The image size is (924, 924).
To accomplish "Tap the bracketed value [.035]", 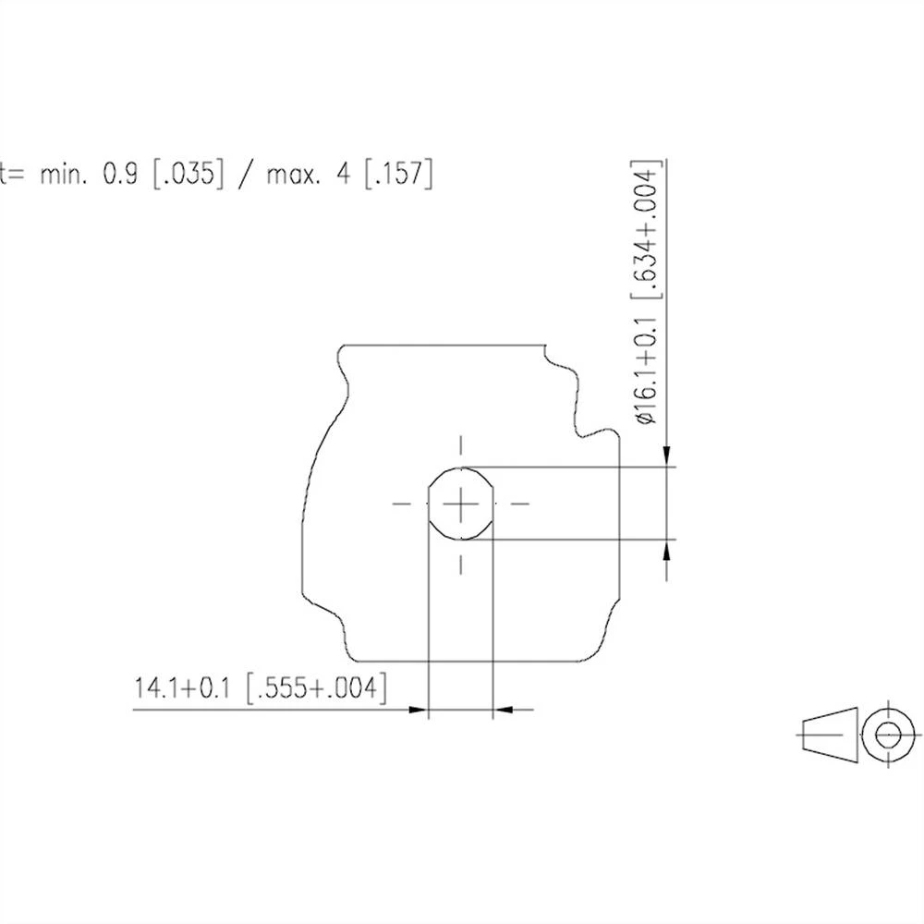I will click(188, 175).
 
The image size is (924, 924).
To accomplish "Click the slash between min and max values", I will click(244, 175).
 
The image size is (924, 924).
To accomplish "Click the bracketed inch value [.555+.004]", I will click(315, 688).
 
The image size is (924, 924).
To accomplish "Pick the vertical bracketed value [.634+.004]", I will click(646, 232).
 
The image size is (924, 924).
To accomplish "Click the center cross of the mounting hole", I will click(460, 504).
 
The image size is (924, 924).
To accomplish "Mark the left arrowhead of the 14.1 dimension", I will click(419, 710).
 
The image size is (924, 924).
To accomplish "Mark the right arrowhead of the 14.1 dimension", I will click(504, 710).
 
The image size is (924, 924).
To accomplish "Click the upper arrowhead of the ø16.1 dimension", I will click(666, 457).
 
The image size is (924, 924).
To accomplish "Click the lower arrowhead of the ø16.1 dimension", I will click(666, 549).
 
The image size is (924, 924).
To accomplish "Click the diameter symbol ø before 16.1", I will click(646, 417).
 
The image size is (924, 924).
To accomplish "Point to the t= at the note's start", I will click(11, 175).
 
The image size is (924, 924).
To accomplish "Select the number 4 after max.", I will click(344, 175).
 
